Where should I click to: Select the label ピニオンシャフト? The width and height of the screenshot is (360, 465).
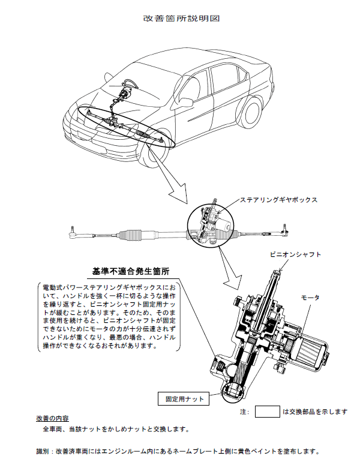[293, 254]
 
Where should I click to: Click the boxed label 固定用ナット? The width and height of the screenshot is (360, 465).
[181, 398]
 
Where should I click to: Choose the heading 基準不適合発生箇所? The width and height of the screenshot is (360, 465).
[131, 271]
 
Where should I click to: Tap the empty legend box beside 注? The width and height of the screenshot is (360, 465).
[268, 412]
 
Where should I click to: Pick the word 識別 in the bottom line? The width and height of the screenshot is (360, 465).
[44, 451]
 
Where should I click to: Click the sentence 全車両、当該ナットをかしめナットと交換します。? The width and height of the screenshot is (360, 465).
[116, 430]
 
